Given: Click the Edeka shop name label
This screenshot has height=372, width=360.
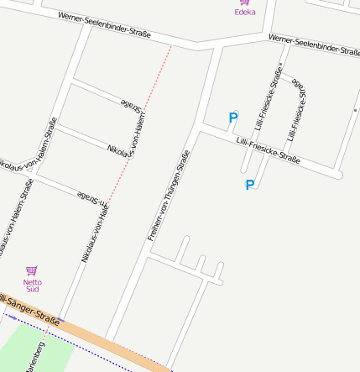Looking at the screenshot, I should [245, 12].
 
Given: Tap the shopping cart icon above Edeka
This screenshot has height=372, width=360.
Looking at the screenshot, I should [245, 3].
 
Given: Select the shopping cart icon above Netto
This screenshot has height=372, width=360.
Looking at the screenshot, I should [32, 270].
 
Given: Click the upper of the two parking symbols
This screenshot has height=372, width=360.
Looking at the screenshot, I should [233, 118].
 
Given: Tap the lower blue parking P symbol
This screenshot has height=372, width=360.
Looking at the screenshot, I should [249, 185].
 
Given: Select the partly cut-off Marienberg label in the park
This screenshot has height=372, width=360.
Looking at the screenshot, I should [35, 358].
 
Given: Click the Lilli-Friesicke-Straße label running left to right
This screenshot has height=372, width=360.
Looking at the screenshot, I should [268, 149].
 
